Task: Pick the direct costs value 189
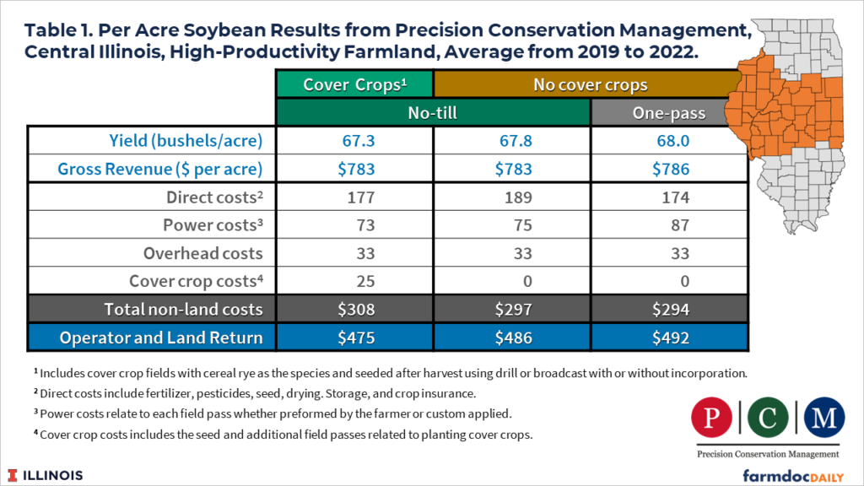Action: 511,198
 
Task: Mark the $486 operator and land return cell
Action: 511,337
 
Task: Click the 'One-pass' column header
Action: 668,112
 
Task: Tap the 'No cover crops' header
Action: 590,84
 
